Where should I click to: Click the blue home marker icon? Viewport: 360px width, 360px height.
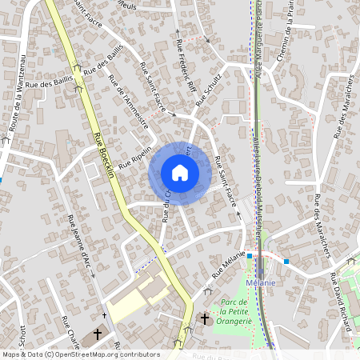pyautogui.click(x=179, y=172)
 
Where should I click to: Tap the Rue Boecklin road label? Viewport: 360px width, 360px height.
pyautogui.click(x=104, y=157)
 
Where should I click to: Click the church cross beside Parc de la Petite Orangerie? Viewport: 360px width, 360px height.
pyautogui.click(x=204, y=319)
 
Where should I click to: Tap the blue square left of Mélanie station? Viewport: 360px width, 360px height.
pyautogui.click(x=250, y=256)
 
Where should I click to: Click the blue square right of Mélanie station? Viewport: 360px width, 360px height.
pyautogui.click(x=286, y=260)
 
